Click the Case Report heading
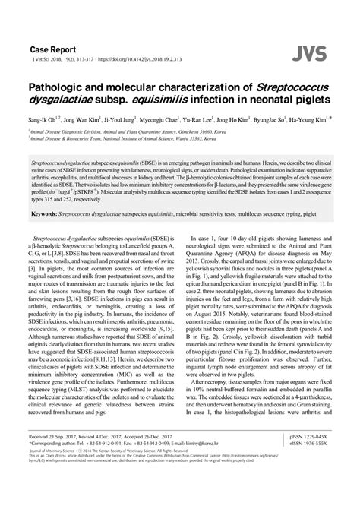click(52, 46)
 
